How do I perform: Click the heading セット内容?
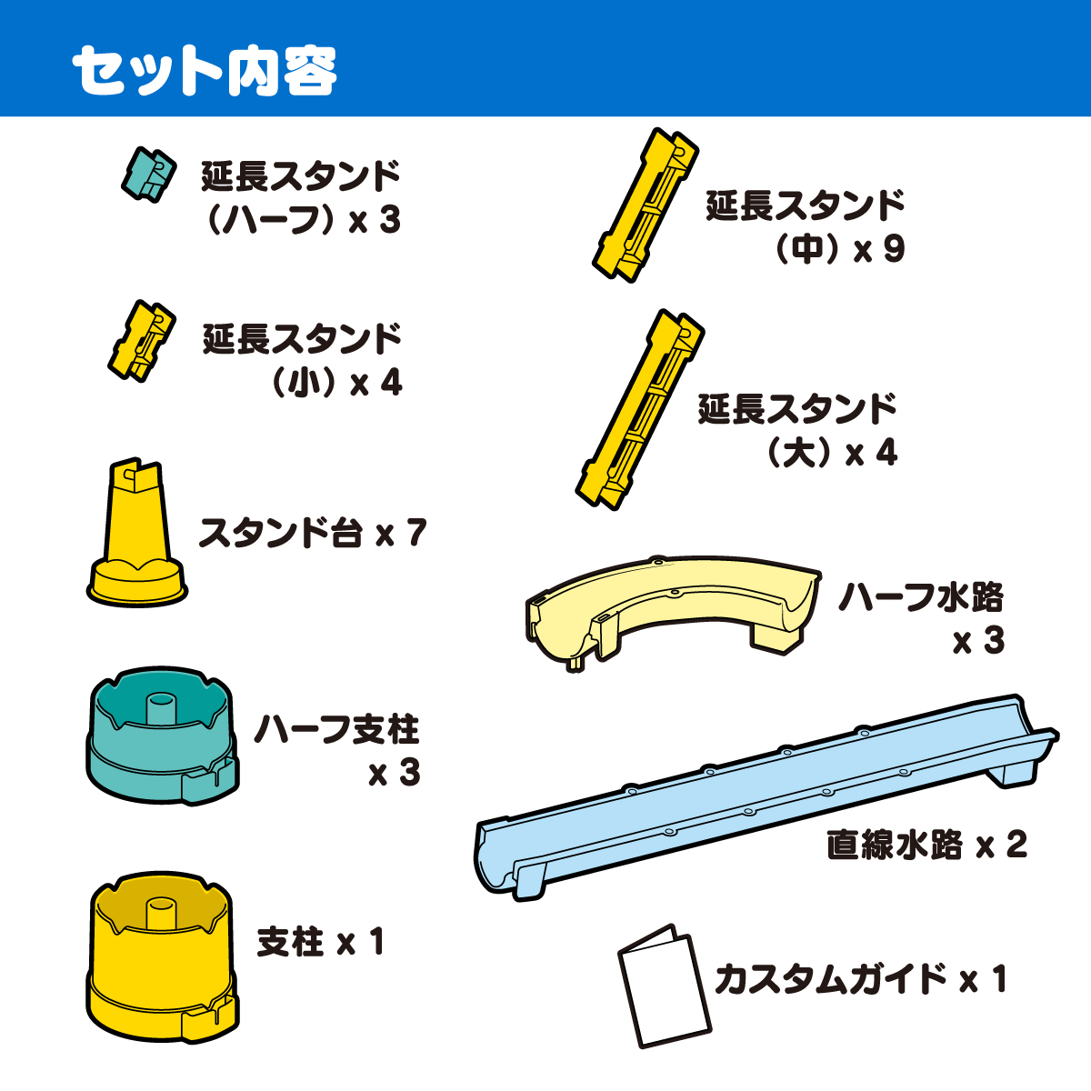[205, 70]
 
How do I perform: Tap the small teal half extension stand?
[149, 174]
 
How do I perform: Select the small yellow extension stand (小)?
[142, 341]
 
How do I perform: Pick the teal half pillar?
[163, 736]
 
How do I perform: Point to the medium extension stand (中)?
[646, 205]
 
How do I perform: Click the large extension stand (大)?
[640, 409]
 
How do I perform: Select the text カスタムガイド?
[831, 979]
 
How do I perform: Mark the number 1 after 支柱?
[375, 942]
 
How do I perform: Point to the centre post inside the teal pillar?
[163, 709]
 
